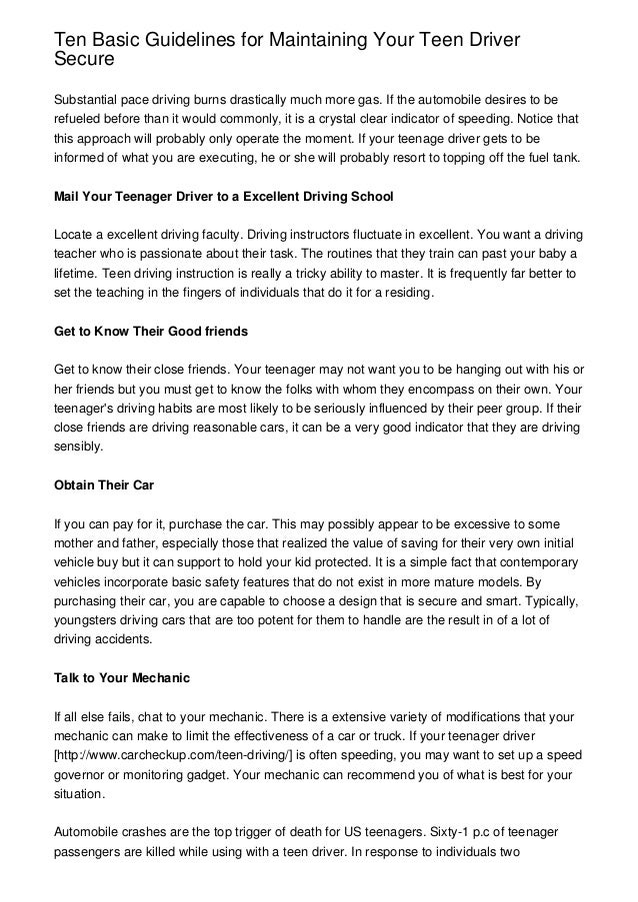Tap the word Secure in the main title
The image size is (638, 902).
[84, 60]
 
